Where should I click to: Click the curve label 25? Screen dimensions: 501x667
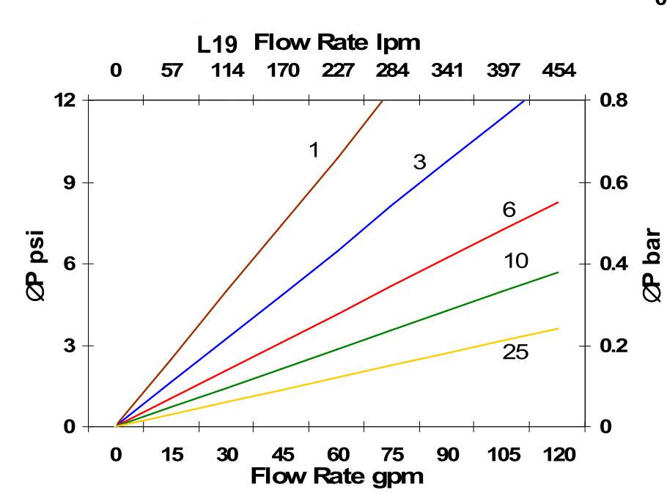point(515,352)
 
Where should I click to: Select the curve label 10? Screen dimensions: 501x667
point(517,260)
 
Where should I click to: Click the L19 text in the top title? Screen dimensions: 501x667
point(218,45)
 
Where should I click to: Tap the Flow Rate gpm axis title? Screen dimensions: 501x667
point(337,477)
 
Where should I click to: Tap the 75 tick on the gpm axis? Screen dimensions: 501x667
point(393,455)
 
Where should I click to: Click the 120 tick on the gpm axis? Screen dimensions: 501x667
point(559,455)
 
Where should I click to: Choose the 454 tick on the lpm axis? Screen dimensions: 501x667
point(559,71)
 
